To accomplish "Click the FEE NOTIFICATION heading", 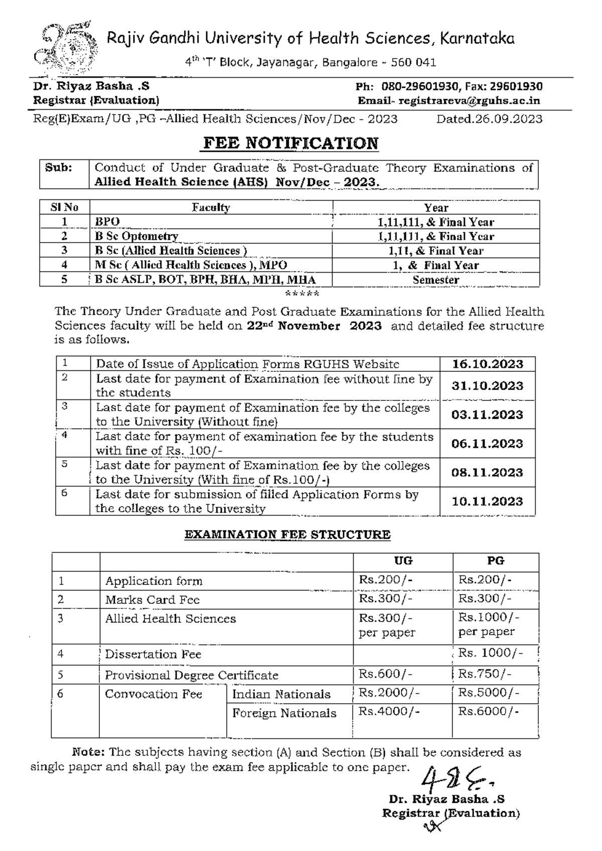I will (290, 143).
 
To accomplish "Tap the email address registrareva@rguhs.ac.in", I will (470, 101).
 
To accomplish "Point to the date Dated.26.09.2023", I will (489, 119).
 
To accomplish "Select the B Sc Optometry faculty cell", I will (137, 236).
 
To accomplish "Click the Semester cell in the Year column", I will (435, 280).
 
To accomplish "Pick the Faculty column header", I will (211, 207).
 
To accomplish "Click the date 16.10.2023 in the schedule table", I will (487, 364).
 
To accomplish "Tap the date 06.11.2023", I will (487, 444).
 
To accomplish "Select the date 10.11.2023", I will (487, 501).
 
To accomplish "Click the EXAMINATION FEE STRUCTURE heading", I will (287, 534).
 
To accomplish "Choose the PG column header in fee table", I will (495, 561).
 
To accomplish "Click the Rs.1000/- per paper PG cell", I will (489, 624).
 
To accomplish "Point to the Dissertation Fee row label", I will (153, 654).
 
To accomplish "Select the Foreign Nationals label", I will (284, 713).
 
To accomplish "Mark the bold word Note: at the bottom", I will (88, 752).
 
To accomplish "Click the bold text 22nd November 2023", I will (315, 326).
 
